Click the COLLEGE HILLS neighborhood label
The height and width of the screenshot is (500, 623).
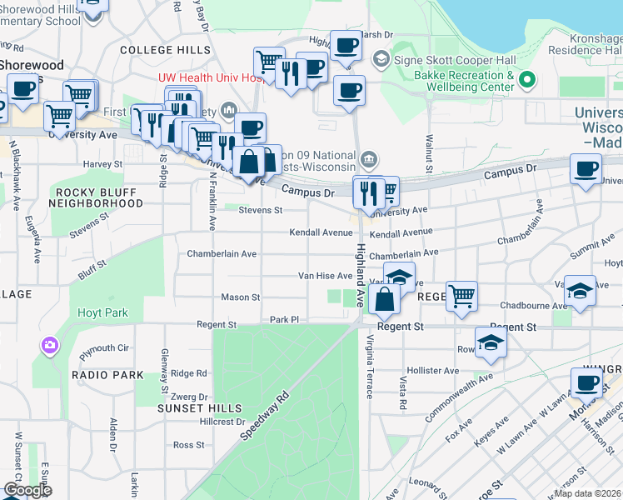click(165, 50)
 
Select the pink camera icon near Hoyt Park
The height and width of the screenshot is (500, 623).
click(50, 345)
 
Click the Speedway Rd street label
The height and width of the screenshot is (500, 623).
click(264, 416)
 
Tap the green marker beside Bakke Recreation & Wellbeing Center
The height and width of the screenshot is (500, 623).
click(526, 81)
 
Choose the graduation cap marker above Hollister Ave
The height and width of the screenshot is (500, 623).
click(491, 342)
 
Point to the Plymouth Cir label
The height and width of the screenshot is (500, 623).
click(106, 347)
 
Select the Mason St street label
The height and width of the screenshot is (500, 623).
click(241, 297)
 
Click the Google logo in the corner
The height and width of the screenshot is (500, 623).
click(27, 490)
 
